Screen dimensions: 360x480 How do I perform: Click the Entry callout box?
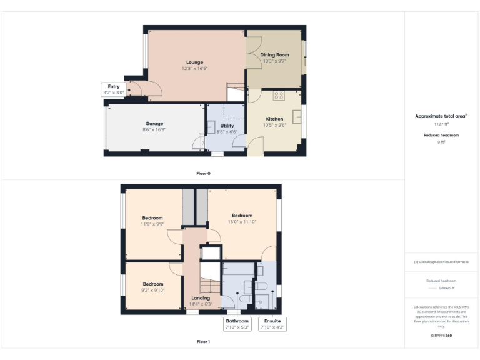point(114,89)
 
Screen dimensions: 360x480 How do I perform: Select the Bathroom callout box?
point(237,324)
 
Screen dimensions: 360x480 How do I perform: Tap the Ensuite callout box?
point(272,324)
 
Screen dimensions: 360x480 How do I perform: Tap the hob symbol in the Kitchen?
point(279,96)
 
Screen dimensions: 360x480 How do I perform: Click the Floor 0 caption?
point(204,172)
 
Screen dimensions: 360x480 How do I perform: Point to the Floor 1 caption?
point(204,342)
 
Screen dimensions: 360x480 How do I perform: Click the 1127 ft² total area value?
point(441,124)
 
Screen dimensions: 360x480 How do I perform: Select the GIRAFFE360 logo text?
point(441,336)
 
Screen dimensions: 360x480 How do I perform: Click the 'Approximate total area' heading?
point(441,116)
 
